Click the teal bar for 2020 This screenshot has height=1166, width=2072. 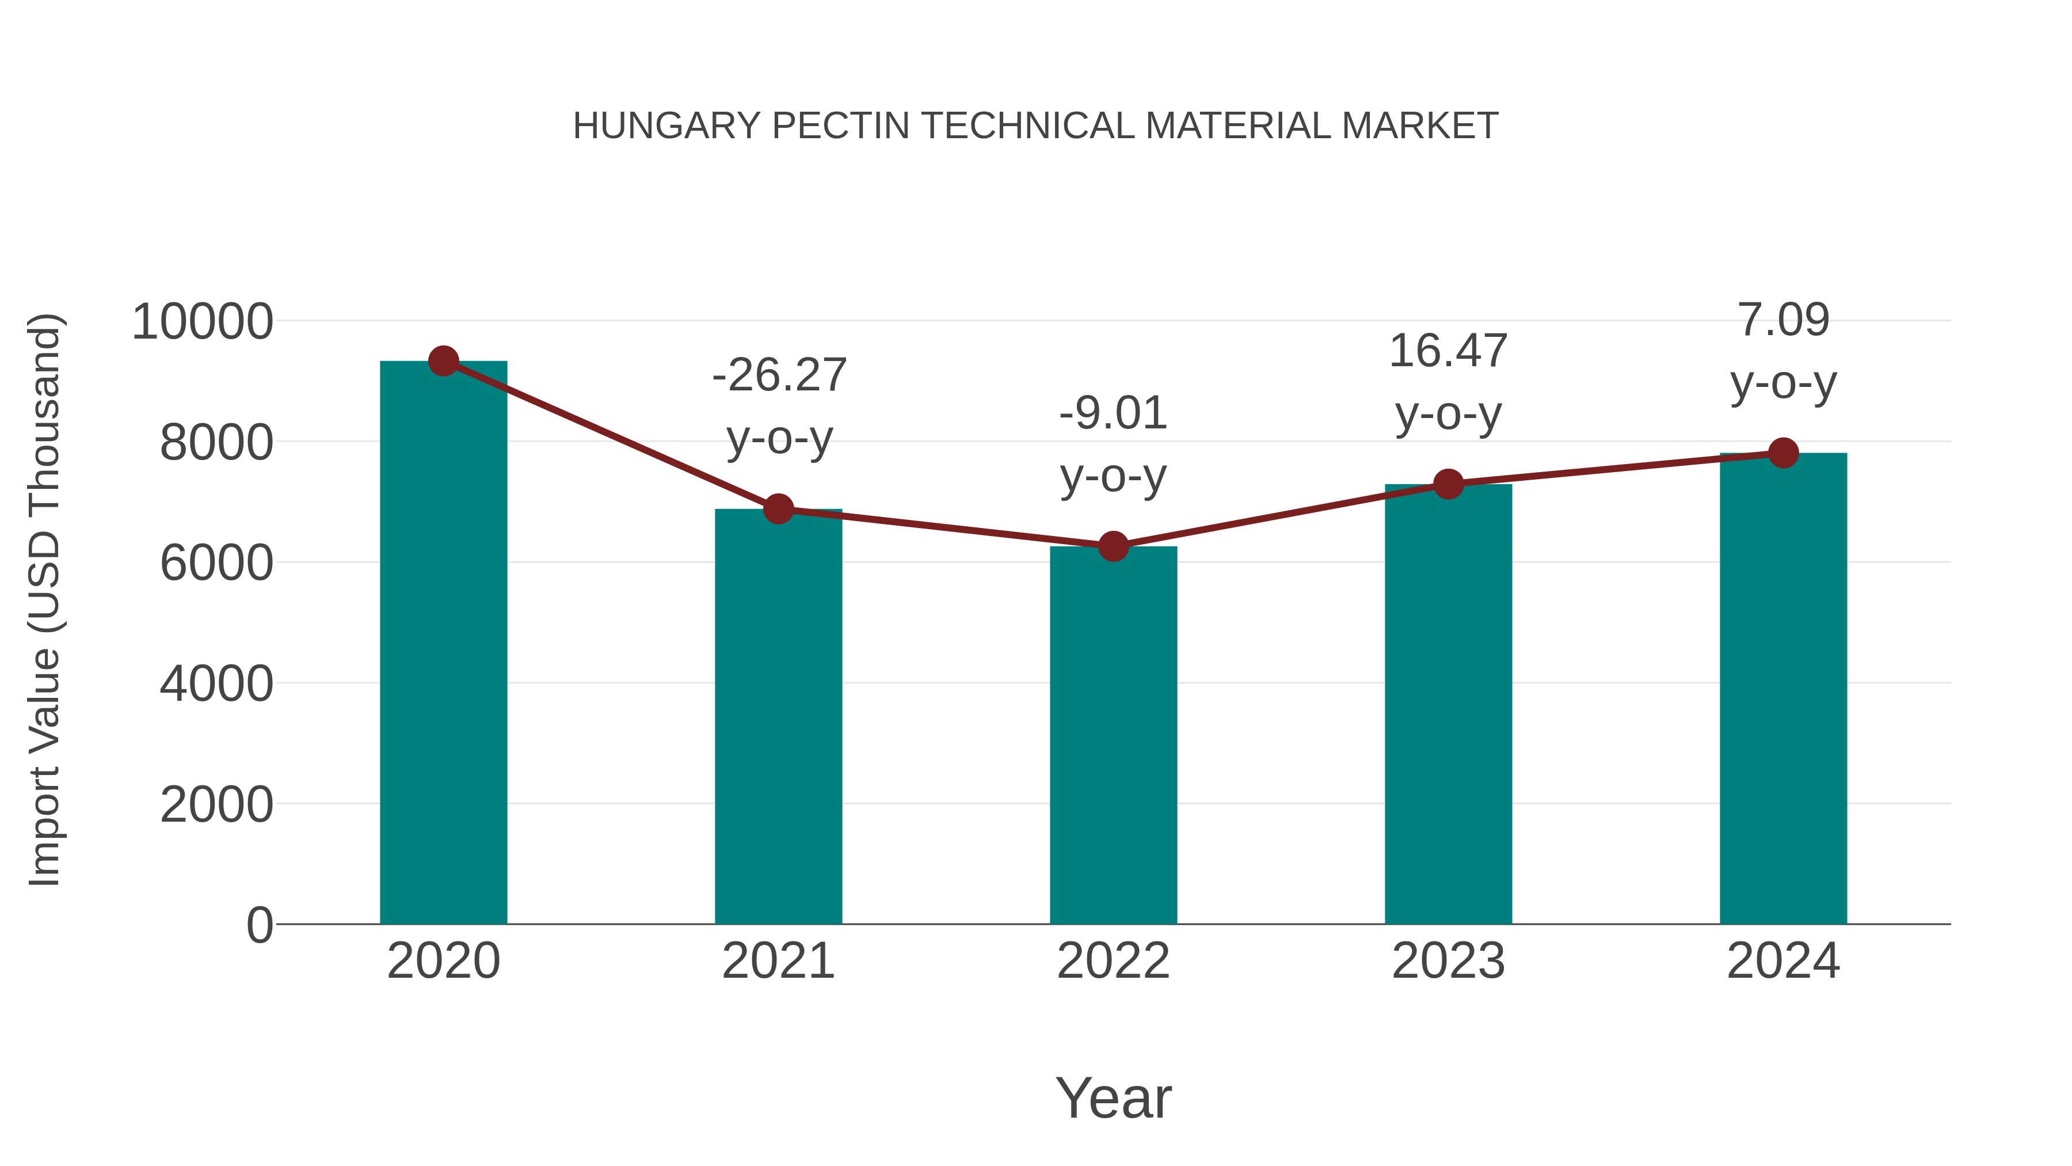point(443,644)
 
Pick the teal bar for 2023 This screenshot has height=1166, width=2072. point(1448,704)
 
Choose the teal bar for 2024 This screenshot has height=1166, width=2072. point(1783,689)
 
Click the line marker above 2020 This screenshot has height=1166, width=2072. point(443,361)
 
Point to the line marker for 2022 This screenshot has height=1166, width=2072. point(1113,546)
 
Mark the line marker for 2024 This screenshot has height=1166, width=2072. point(1783,453)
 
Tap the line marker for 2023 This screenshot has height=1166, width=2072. point(1448,484)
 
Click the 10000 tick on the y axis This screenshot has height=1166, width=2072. point(202,322)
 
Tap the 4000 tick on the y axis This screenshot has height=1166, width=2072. point(216,684)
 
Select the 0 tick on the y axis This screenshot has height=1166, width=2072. point(259,925)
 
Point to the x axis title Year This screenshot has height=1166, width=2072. point(1113,1097)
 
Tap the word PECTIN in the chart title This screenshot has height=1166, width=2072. point(840,126)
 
